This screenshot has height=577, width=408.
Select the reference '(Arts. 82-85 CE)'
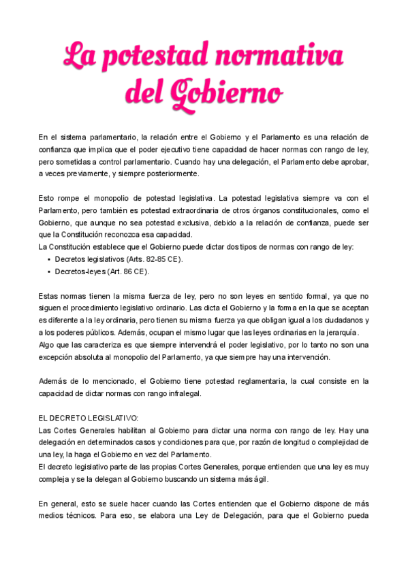(x=154, y=259)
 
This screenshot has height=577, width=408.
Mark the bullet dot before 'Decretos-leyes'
(x=48, y=271)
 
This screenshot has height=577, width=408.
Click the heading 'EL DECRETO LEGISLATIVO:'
(x=89, y=418)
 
